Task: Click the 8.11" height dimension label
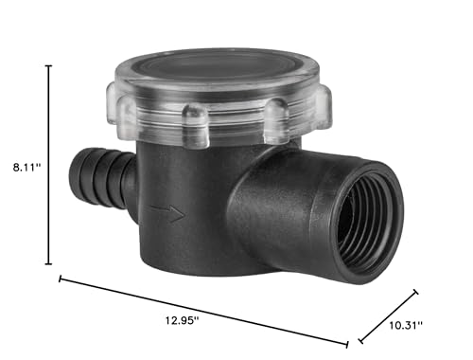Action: (26, 167)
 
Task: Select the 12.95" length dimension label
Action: (182, 320)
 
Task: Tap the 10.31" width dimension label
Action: (406, 325)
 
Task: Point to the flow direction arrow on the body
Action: (166, 212)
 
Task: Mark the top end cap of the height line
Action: (48, 66)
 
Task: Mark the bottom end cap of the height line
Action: (48, 263)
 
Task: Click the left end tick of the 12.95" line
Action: (60, 279)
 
